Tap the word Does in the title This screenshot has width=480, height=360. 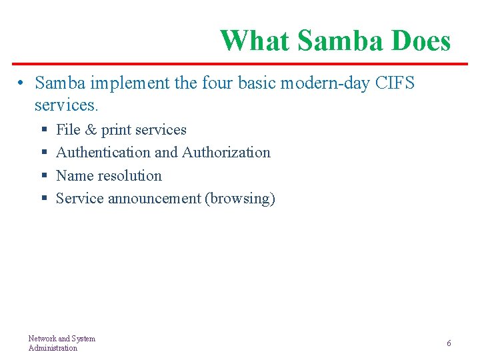(x=421, y=41)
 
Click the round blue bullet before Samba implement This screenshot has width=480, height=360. (x=22, y=83)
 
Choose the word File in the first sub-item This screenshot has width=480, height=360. (x=67, y=129)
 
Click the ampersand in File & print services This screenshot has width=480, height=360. (x=90, y=129)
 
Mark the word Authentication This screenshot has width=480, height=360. (x=103, y=153)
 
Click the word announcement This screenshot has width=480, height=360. (x=155, y=199)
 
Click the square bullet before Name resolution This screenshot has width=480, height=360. (x=43, y=177)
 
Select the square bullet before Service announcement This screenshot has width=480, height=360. (x=43, y=199)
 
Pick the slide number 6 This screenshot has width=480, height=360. (x=449, y=343)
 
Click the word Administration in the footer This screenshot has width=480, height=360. (x=53, y=348)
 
